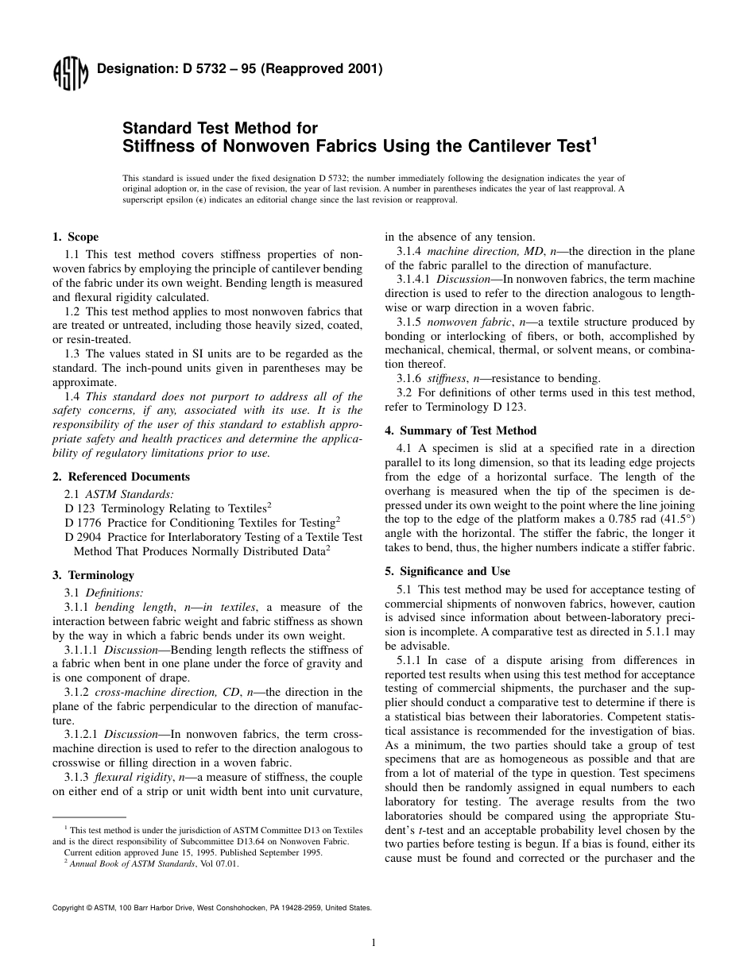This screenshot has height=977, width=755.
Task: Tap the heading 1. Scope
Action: [x=75, y=237]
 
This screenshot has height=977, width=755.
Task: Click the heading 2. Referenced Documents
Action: [x=121, y=477]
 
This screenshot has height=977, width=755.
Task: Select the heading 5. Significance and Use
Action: [x=447, y=571]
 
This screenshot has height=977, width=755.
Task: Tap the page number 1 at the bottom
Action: [x=373, y=943]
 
